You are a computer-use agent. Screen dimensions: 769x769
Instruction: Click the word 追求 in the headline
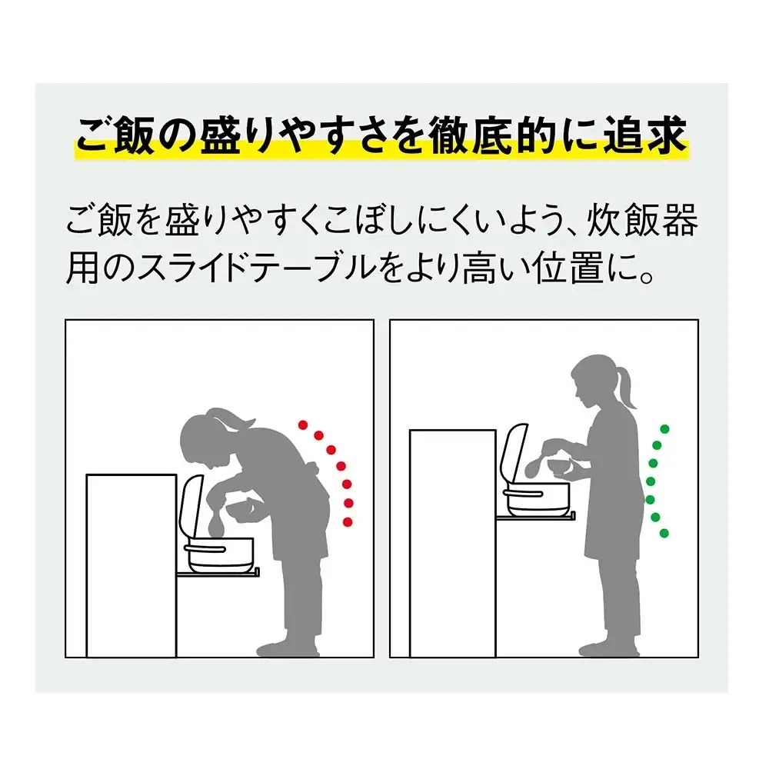pos(645,135)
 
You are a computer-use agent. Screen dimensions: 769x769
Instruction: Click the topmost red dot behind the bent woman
pos(303,424)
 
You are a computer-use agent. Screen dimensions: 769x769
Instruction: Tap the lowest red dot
pos(348,522)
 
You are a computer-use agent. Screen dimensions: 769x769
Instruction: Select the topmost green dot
pos(664,429)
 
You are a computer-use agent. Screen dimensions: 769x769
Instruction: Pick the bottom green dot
pos(664,533)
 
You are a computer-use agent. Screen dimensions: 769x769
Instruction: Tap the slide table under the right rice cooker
pos(535,515)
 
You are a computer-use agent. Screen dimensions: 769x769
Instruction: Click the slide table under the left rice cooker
pos(218,573)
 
